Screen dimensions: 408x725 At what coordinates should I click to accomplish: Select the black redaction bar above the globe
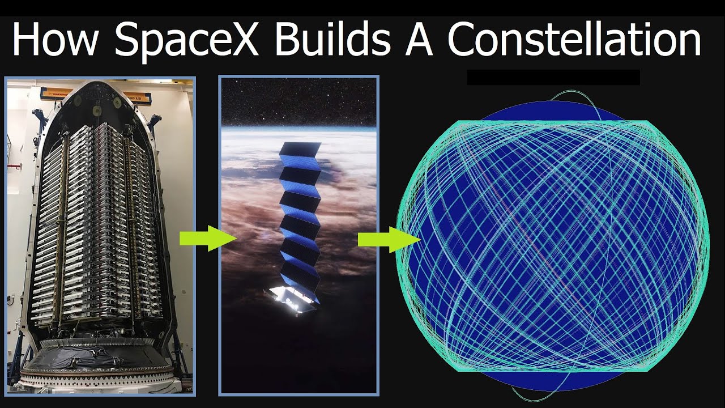pos(553,77)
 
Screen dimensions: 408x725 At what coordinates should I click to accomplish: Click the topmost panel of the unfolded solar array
pos(300,150)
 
